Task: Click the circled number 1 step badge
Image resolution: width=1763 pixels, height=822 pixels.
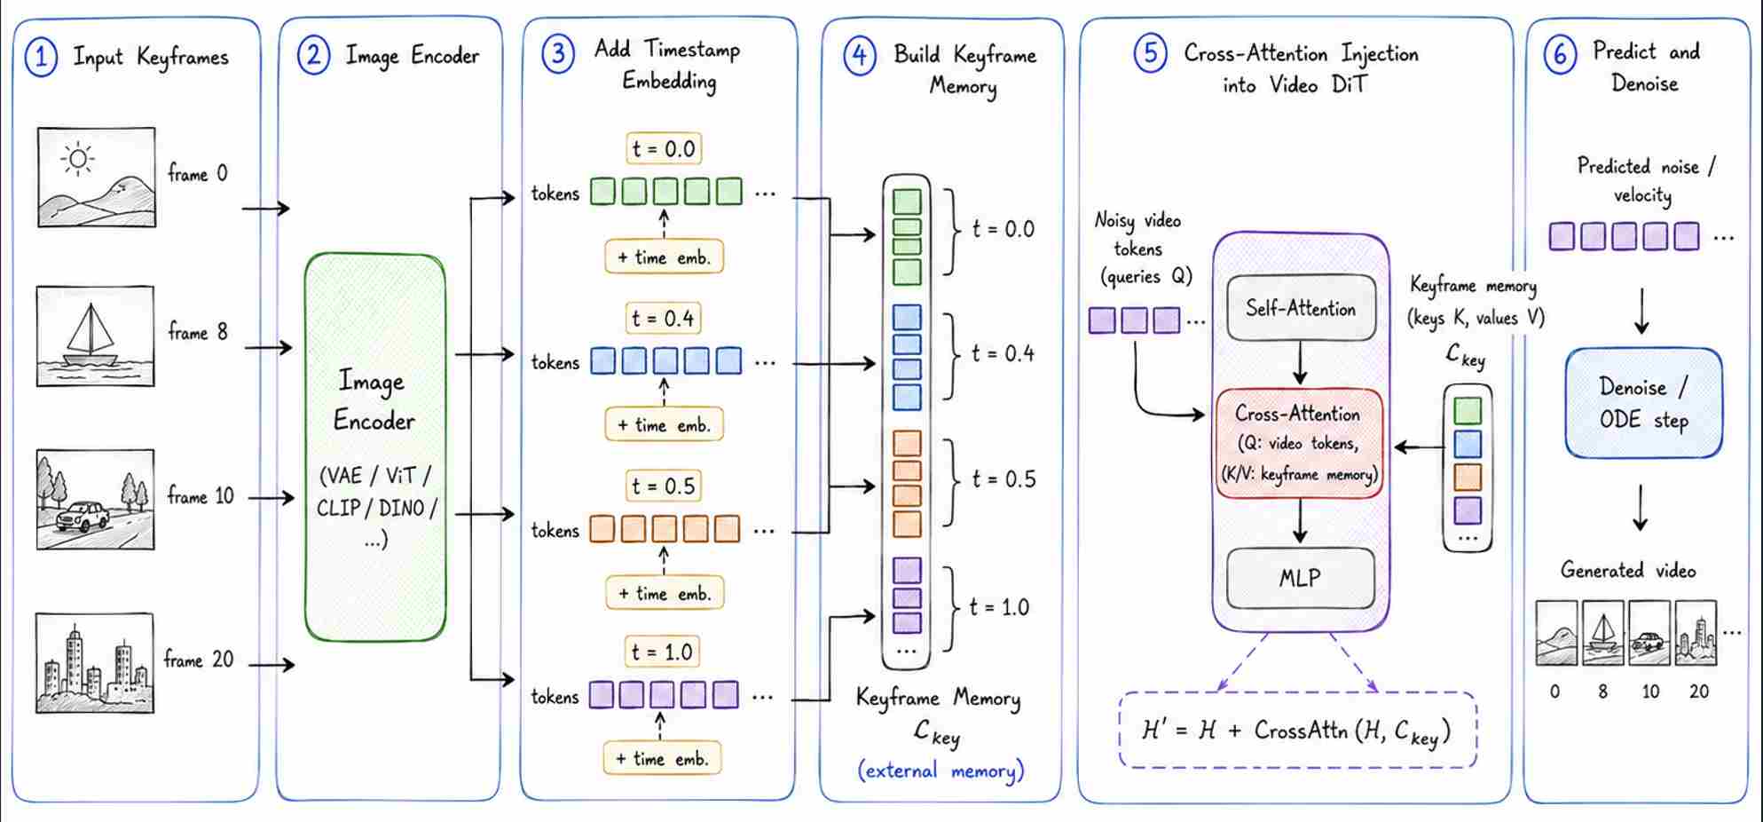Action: [x=41, y=58]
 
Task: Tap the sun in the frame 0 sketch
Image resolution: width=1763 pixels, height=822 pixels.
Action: [x=78, y=160]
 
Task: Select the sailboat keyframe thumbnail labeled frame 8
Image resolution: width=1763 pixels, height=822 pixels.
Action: [x=95, y=336]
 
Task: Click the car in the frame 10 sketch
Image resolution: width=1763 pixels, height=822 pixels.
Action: [x=83, y=516]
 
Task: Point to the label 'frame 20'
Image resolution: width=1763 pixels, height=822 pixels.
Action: [x=199, y=660]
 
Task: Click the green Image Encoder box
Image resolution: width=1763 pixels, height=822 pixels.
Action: [x=375, y=447]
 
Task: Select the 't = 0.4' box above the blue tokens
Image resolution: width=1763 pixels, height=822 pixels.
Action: [x=663, y=318]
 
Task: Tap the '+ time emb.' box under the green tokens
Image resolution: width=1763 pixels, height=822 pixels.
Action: [x=664, y=257]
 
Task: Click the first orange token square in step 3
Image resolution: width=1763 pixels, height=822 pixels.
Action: [x=603, y=529]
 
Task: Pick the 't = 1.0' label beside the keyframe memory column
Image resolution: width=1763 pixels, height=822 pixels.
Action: [x=1000, y=607]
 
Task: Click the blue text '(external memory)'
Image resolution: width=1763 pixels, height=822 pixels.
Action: [x=941, y=771]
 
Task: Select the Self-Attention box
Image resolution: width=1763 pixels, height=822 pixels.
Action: [x=1301, y=308]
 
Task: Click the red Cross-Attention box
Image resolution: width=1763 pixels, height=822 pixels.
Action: [x=1299, y=443]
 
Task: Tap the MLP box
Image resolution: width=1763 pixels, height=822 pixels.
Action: [x=1300, y=578]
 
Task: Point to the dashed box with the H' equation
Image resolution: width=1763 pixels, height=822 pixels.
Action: [x=1298, y=731]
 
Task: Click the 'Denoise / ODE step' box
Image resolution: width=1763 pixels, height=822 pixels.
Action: [x=1644, y=403]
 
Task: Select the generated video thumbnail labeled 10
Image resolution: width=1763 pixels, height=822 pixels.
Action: [x=1649, y=634]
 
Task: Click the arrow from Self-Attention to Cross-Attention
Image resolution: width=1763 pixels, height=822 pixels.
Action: [x=1300, y=363]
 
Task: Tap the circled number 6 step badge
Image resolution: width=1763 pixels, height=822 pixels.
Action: [x=1561, y=55]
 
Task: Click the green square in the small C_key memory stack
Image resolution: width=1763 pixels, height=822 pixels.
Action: [x=1468, y=410]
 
